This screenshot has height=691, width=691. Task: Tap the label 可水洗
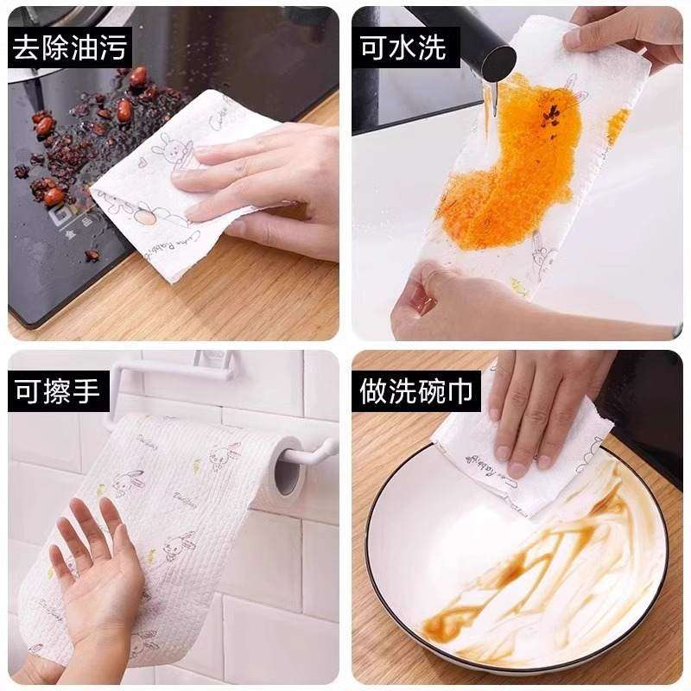point(403,48)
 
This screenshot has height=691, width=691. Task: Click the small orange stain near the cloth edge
point(617,125)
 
